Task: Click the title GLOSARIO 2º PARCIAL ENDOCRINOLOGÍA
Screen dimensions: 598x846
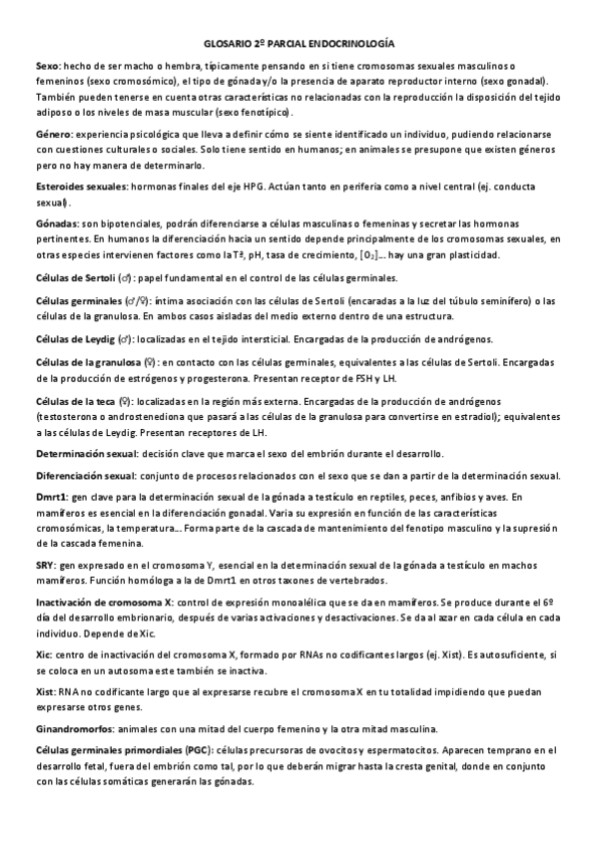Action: tap(299, 45)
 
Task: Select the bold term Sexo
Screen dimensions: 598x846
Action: tap(46, 65)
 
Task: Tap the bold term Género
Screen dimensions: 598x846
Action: tap(52, 133)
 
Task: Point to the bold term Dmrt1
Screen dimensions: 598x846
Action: tap(50, 496)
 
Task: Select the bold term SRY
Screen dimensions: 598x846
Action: tap(44, 564)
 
